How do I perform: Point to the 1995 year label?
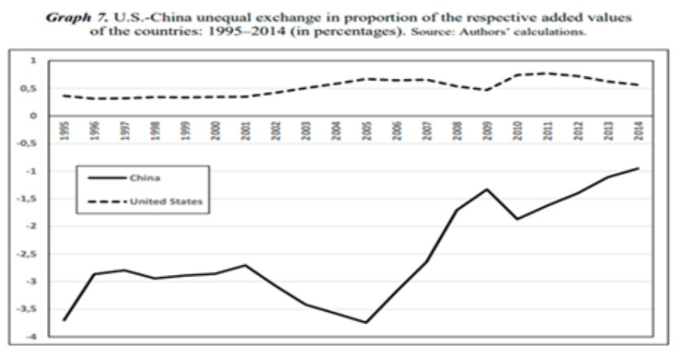[65, 130]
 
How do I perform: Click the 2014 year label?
[638, 130]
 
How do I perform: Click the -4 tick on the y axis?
[31, 337]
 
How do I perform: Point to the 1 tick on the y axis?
[33, 60]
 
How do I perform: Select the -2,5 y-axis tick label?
[28, 254]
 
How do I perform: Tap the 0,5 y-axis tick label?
[30, 88]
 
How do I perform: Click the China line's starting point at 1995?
[65, 320]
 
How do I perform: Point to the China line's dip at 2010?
[517, 219]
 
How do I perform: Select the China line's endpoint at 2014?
[638, 168]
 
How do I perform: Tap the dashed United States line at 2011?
[548, 73]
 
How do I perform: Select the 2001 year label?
[246, 130]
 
